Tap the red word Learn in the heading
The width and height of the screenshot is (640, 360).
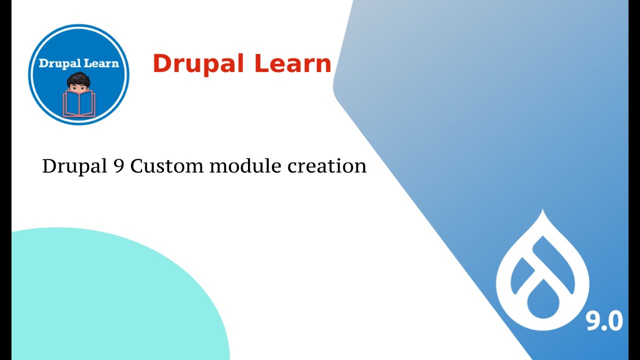(292, 64)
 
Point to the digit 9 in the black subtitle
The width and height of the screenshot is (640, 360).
(117, 166)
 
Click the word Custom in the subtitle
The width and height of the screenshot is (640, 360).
(167, 166)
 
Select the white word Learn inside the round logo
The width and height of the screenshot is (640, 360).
(101, 63)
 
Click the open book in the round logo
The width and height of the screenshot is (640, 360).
(79, 104)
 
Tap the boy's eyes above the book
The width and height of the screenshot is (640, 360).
(78, 88)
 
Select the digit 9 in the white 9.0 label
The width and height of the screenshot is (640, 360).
(593, 321)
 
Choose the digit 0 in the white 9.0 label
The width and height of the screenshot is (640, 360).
(614, 321)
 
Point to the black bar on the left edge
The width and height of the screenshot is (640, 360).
(5, 180)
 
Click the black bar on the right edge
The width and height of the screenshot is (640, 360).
(634, 180)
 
